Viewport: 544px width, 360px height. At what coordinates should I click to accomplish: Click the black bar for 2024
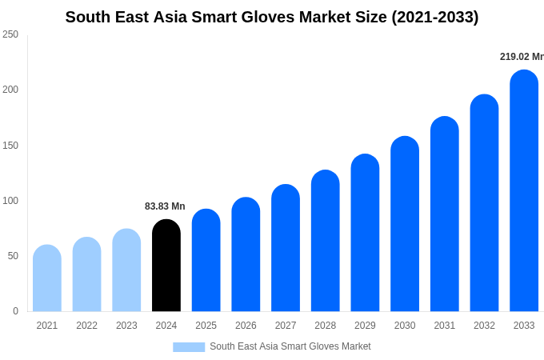tap(166, 266)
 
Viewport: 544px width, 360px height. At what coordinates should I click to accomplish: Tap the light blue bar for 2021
tap(47, 278)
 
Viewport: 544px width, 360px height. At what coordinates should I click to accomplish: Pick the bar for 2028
tap(326, 241)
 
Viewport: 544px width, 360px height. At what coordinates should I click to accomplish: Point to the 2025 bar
tap(206, 260)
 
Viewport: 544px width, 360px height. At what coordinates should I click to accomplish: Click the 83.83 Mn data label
tap(165, 206)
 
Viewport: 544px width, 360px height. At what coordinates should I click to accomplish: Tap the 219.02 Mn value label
tap(521, 57)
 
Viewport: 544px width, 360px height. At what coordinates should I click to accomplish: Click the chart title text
tap(272, 17)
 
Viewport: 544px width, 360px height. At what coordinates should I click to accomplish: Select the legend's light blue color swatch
tap(189, 347)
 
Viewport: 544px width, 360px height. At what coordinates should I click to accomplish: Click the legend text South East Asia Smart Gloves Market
tap(290, 346)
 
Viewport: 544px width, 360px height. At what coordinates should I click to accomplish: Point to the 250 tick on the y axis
tap(10, 34)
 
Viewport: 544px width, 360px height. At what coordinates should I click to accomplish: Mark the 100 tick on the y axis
tap(10, 201)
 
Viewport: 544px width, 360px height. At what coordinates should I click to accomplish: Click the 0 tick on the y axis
tap(15, 311)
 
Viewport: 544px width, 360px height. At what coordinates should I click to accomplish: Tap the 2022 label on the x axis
tap(87, 326)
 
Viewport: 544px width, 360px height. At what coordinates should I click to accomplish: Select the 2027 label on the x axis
tap(286, 326)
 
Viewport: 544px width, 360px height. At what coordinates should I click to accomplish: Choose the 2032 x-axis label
tap(484, 326)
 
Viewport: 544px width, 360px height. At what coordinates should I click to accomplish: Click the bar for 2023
tap(126, 270)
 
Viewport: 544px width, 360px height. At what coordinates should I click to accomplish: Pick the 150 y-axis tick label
tap(10, 146)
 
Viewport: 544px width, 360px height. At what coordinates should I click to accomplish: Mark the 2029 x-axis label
tap(365, 326)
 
